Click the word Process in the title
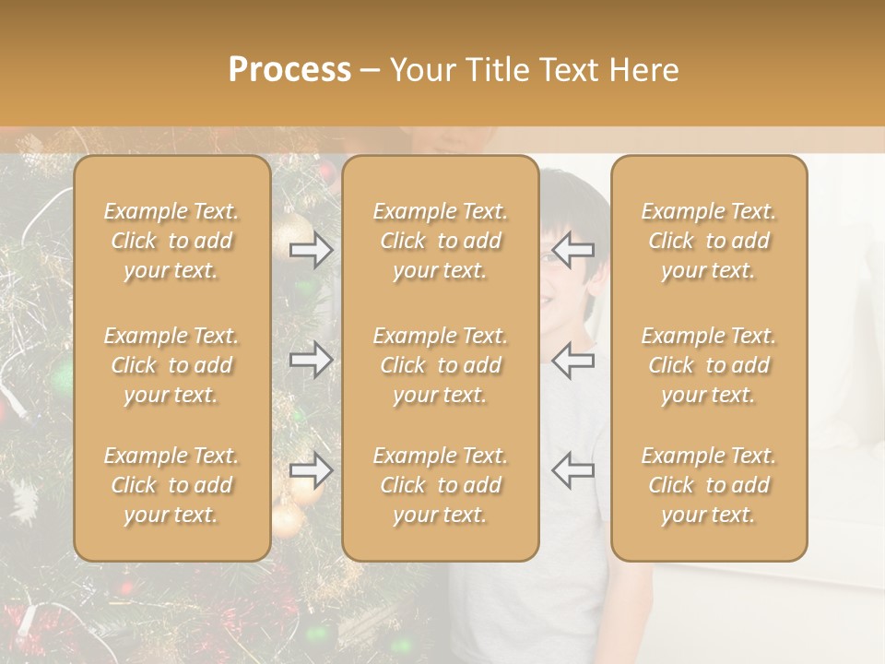289,70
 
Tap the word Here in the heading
643,70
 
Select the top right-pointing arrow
311,250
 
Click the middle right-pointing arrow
311,360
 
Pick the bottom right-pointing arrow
311,470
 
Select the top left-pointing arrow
572,249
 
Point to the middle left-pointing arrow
572,360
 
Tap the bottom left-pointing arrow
572,469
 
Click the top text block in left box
171,241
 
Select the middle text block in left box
171,365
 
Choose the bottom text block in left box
171,485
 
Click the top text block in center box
440,241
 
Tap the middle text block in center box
440,365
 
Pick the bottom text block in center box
440,485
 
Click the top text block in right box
709,241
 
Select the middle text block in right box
709,365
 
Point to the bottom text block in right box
709,485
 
